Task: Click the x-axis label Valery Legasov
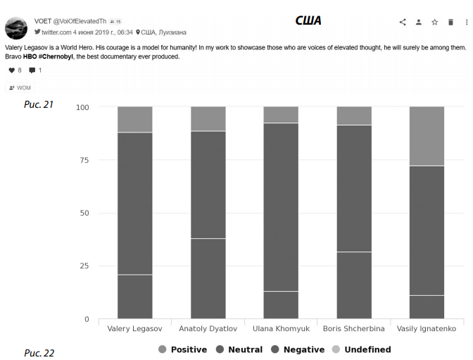point(134,329)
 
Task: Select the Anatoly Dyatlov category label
point(208,329)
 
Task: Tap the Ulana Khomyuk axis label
point(281,329)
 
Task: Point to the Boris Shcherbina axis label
point(354,329)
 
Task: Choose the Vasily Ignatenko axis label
point(427,329)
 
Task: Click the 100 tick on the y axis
point(82,107)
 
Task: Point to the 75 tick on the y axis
point(84,160)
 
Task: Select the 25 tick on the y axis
point(84,266)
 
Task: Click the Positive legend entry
point(183,349)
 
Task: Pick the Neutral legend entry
point(239,349)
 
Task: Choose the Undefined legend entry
point(361,349)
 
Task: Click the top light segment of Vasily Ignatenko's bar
point(427,136)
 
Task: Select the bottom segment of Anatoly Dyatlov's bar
point(208,278)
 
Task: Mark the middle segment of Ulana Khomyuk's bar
point(281,207)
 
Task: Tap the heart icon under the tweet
point(11,70)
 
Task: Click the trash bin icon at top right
point(450,23)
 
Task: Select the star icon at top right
point(434,23)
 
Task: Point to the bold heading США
point(308,21)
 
